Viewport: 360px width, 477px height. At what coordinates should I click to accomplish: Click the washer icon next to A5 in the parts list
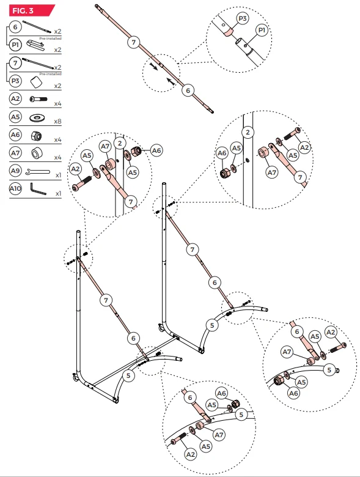click(39, 116)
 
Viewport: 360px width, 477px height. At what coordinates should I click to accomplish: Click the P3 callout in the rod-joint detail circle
click(243, 19)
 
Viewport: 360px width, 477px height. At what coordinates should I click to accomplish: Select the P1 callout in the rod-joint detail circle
click(261, 30)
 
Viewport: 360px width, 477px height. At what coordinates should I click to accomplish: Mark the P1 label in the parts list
click(15, 45)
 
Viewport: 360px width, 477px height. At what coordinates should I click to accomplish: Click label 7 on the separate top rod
click(134, 42)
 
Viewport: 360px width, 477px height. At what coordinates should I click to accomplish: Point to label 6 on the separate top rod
click(188, 90)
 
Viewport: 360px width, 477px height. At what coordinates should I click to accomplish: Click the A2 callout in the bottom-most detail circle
click(190, 454)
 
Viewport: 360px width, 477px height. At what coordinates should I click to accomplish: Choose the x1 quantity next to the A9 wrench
click(58, 175)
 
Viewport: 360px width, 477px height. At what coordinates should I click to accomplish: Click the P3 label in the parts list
click(15, 79)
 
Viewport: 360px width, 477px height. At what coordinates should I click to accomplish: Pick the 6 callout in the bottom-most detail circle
click(189, 398)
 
